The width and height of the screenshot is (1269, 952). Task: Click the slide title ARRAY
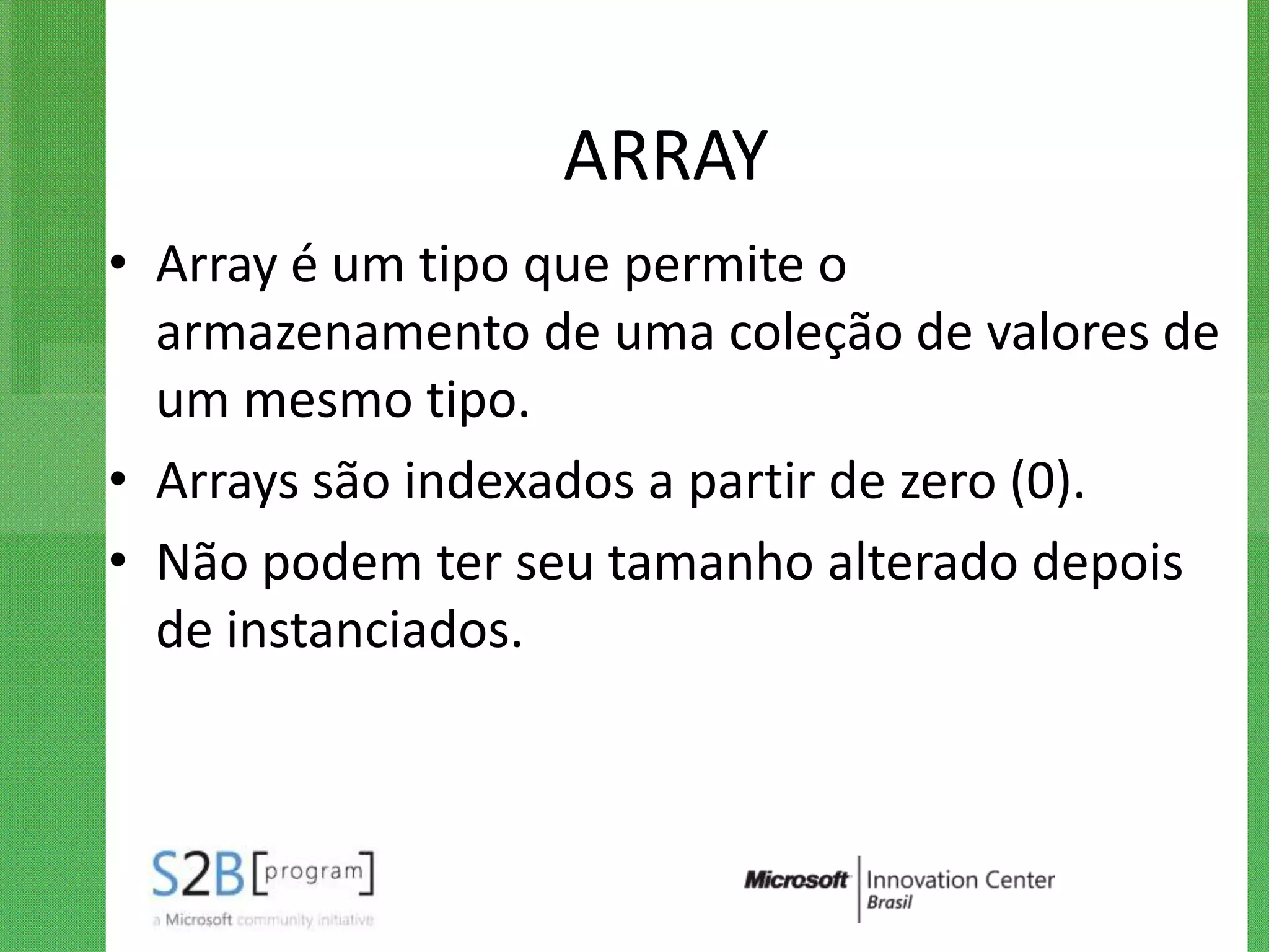point(665,156)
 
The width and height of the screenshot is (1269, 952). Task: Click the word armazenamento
point(343,333)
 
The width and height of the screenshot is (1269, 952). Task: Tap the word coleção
point(815,333)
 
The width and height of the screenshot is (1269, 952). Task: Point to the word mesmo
point(328,400)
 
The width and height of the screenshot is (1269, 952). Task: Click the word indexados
point(519,482)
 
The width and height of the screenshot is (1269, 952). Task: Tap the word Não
point(202,562)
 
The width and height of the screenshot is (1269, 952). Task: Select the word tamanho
point(710,562)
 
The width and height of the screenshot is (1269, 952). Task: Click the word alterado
point(922,562)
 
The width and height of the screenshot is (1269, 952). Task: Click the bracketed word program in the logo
point(314,872)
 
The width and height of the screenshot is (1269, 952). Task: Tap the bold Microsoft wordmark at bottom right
point(796,879)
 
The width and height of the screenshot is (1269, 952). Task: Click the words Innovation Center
point(960,879)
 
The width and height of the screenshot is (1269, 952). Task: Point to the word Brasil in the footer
point(890,902)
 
